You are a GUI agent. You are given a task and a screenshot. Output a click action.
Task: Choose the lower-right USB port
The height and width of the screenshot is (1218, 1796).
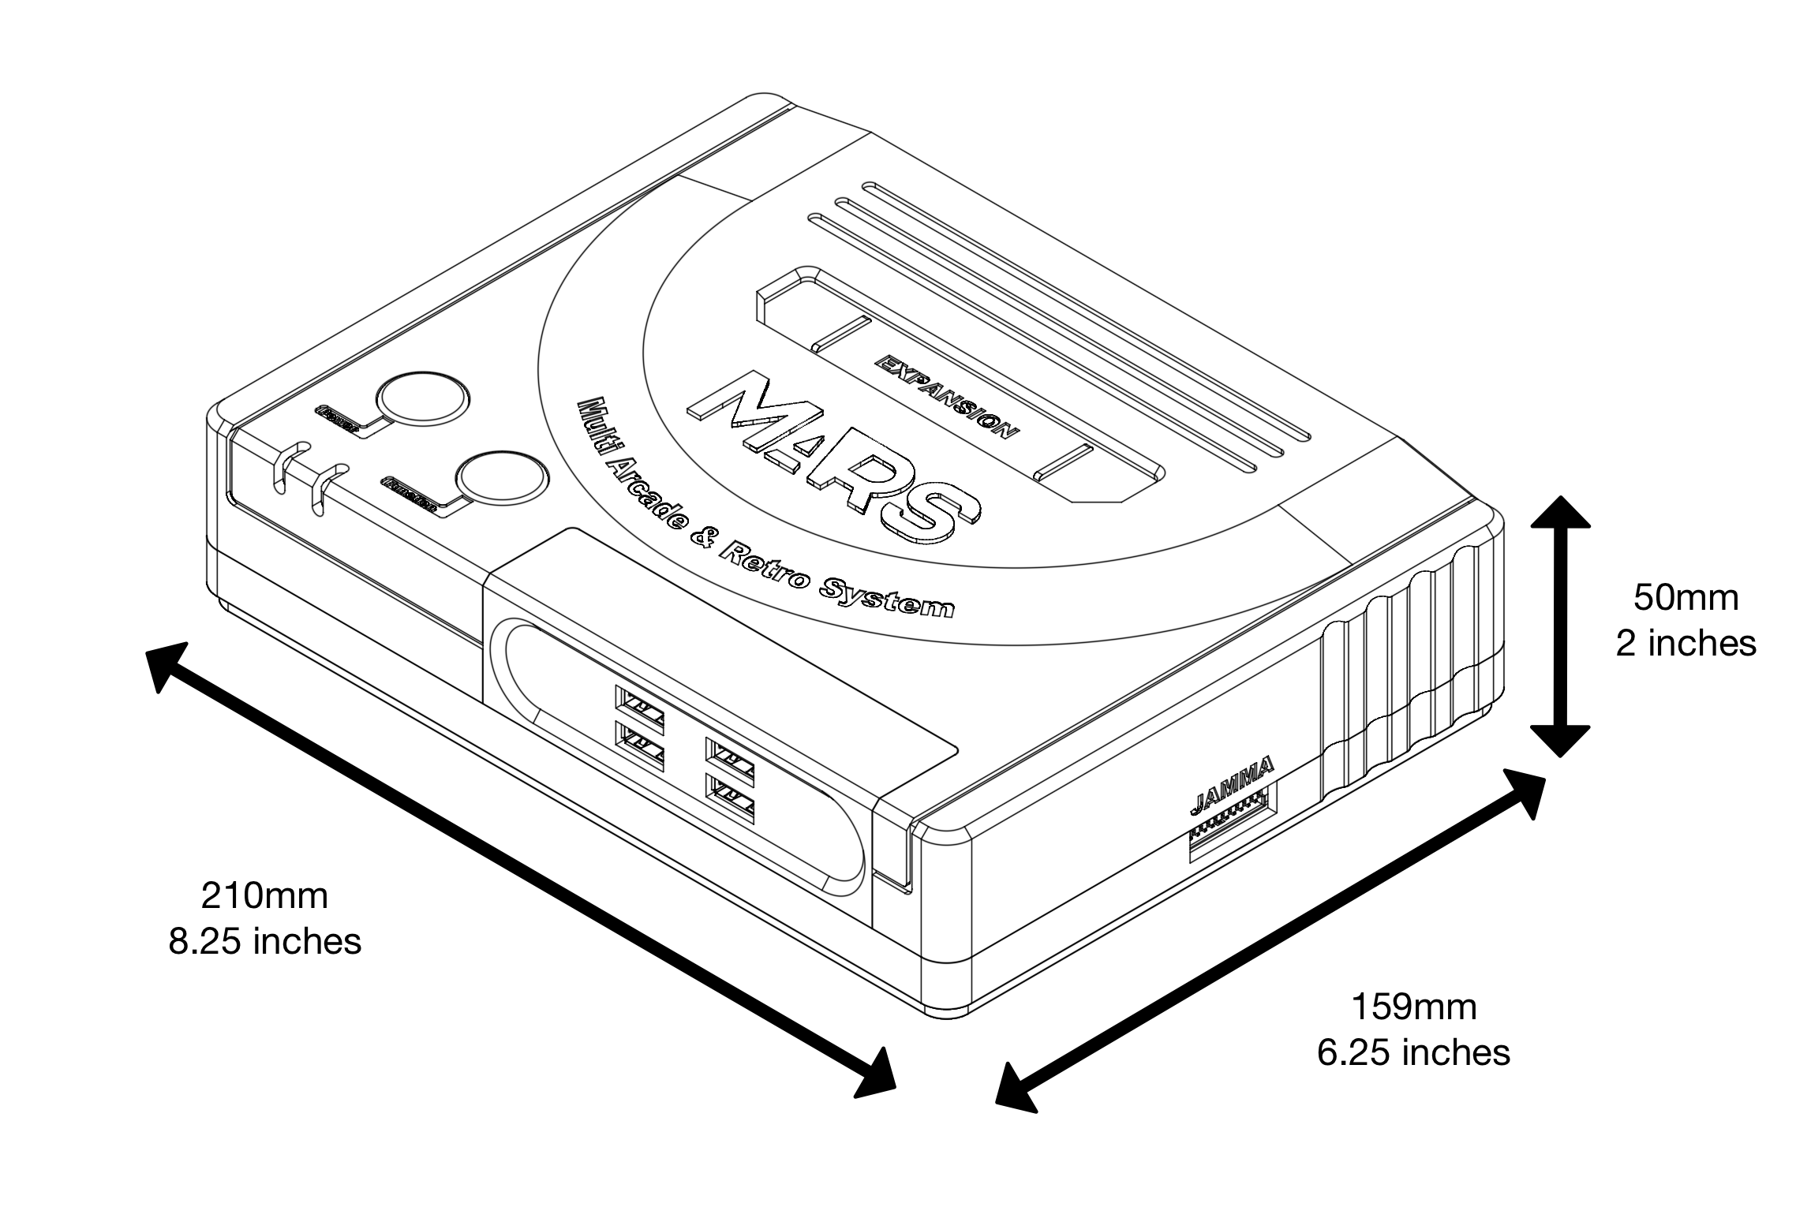(730, 800)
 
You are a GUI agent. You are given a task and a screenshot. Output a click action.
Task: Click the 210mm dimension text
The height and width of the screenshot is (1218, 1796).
(264, 895)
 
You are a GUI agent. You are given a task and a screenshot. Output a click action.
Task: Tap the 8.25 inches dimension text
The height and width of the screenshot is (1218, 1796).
(265, 941)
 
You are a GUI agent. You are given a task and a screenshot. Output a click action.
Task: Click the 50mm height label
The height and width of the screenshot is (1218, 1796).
(1686, 597)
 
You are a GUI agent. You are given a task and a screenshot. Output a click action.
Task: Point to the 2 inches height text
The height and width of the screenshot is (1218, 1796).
(1686, 644)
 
